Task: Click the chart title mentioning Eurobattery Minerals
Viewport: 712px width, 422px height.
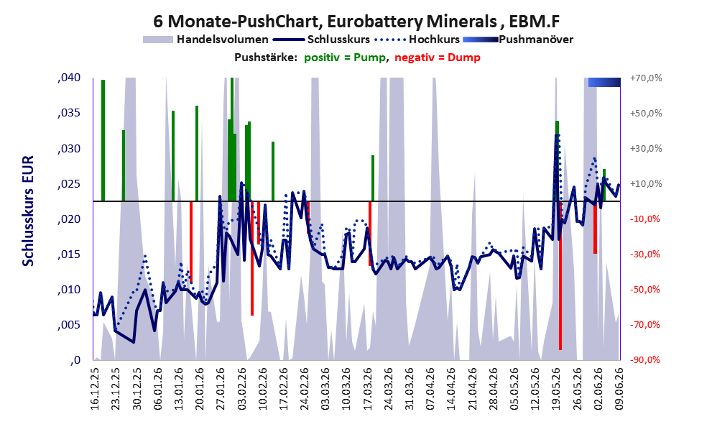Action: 356,21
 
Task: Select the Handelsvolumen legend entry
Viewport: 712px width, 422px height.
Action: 205,40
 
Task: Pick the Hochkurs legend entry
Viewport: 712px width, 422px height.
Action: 417,40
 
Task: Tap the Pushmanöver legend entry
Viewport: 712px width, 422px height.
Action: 517,40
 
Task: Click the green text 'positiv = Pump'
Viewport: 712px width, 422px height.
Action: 344,58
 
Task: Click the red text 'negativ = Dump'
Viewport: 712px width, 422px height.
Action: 438,58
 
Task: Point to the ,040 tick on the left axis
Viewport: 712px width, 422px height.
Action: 69,78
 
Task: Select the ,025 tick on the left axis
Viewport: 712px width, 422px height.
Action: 69,184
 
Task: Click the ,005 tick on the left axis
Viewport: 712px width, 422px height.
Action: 69,325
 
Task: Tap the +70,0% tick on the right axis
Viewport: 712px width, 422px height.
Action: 646,78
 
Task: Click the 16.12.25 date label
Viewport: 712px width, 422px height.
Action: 94,388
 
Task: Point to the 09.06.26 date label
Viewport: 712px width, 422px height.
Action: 619,388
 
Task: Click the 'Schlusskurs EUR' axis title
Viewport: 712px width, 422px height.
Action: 28,211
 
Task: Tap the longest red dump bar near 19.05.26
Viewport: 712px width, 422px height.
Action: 560,275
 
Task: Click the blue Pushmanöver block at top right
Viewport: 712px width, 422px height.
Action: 604,82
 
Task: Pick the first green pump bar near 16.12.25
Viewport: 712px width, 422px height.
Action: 103,140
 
